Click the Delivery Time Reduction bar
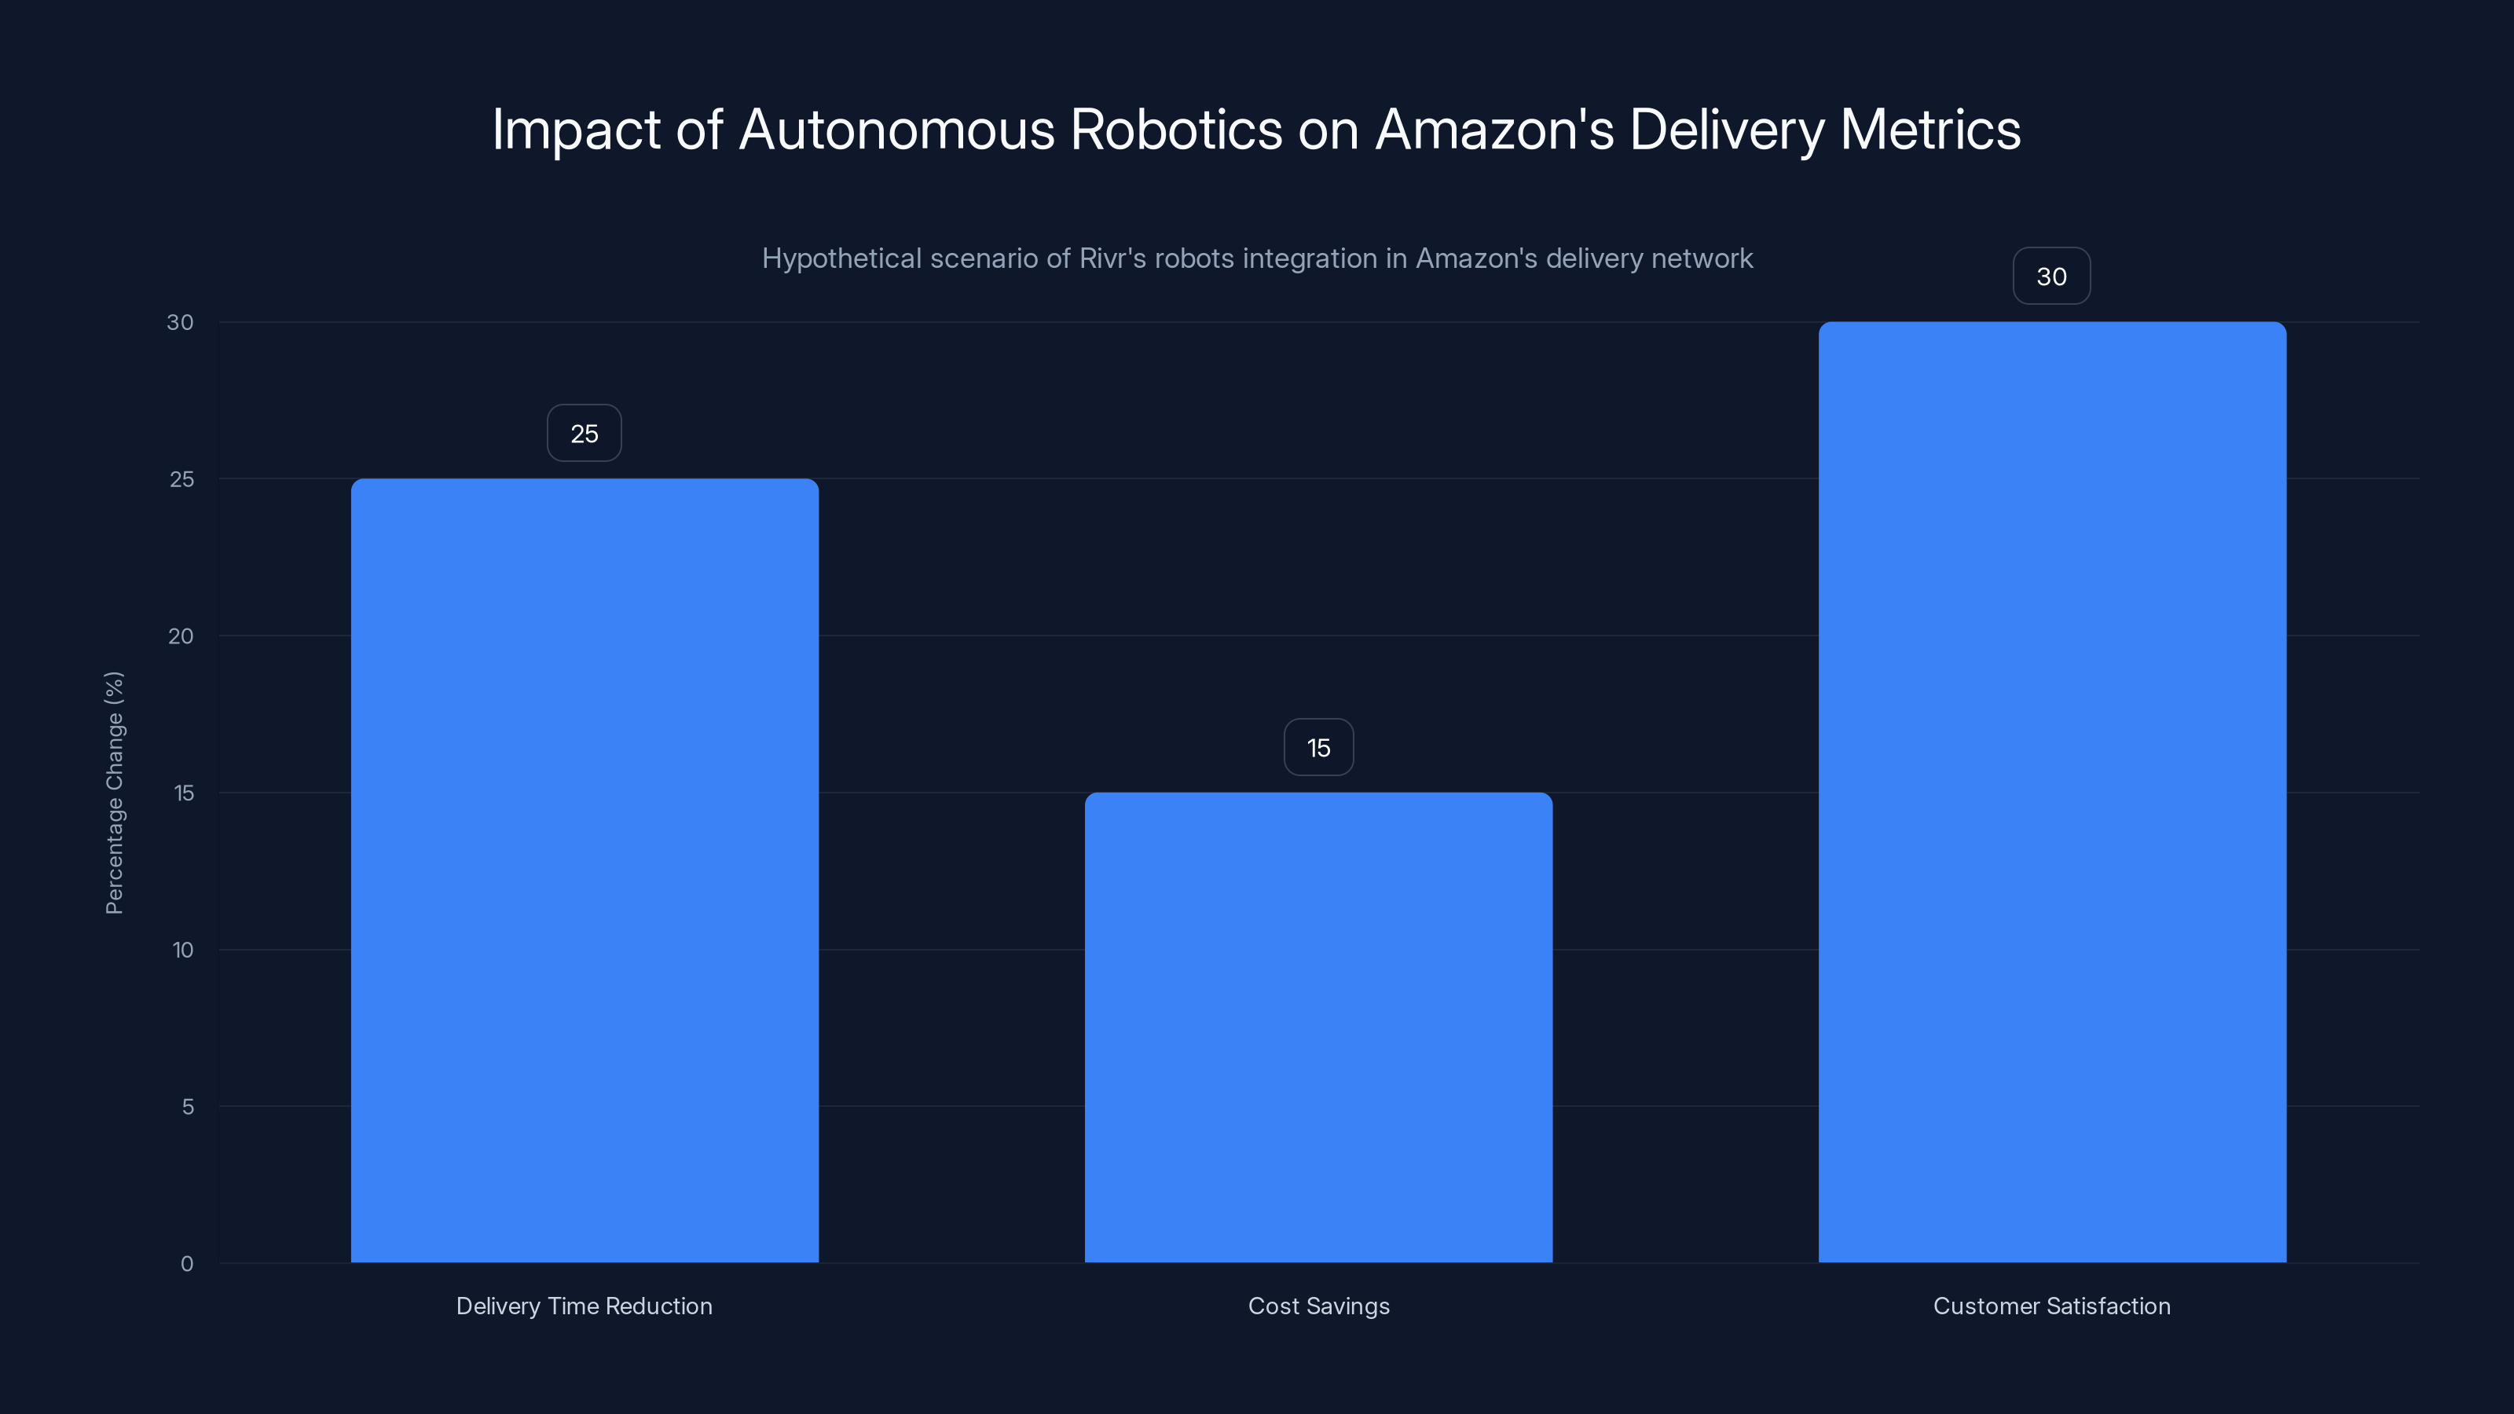point(585,870)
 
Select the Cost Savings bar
point(1318,1027)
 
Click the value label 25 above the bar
point(585,434)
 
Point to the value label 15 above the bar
point(1318,748)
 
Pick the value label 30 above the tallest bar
point(2051,277)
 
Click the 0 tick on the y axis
point(186,1264)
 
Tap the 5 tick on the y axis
point(188,1107)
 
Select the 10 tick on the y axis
point(182,950)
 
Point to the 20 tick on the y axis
point(181,636)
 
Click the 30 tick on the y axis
point(181,322)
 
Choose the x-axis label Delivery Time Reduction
point(585,1306)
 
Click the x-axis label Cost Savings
point(1318,1306)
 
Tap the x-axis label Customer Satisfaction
point(2051,1306)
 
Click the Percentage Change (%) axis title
point(114,793)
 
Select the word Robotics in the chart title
point(1176,129)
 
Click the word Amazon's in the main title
point(1494,129)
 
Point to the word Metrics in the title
point(1929,129)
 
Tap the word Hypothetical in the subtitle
point(841,258)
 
